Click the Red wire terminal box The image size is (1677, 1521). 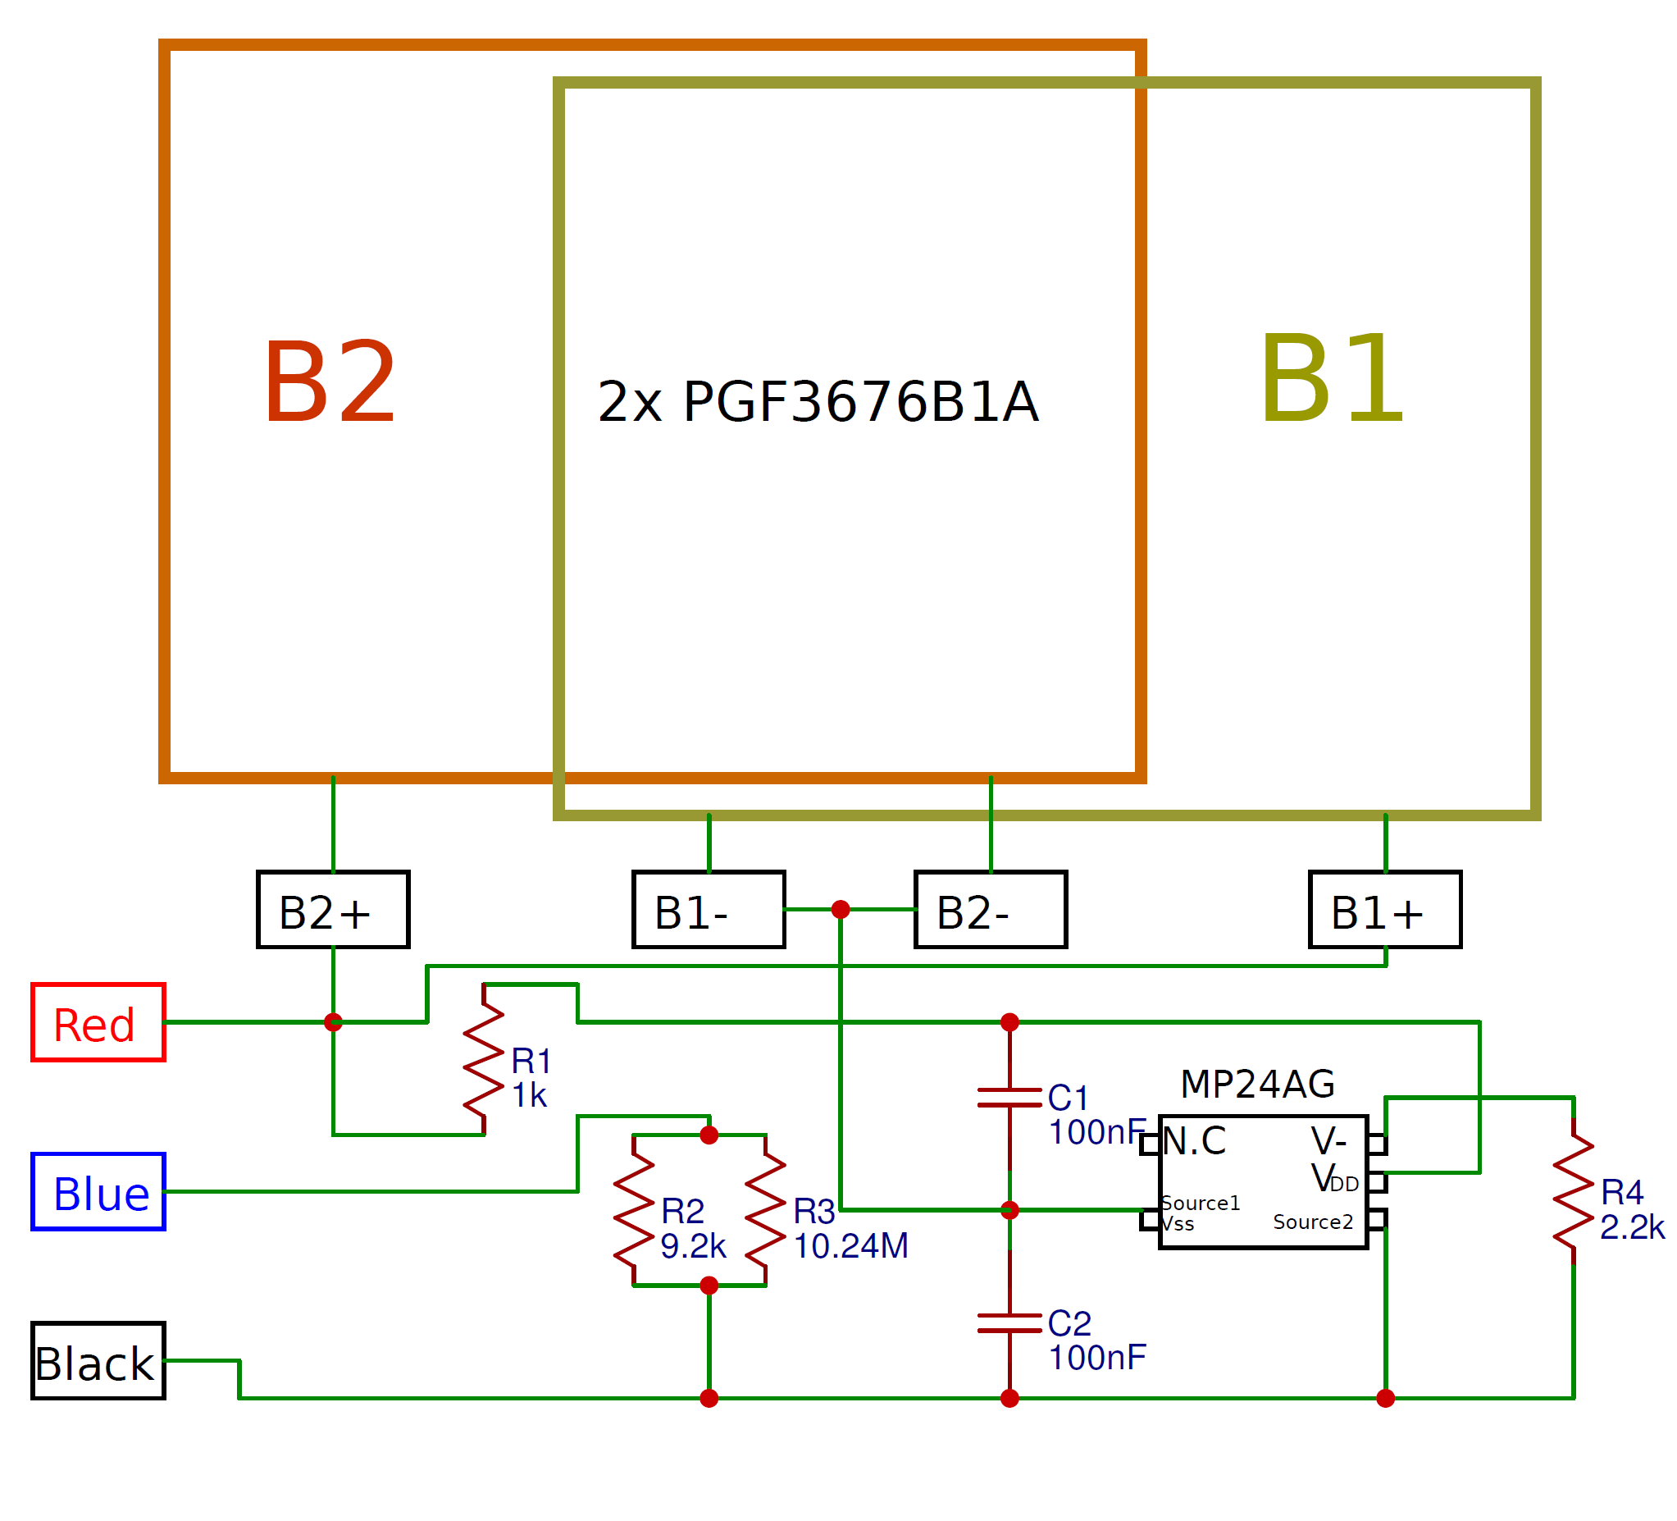[x=98, y=1022]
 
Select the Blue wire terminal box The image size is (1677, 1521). [x=98, y=1191]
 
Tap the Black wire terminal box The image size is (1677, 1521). [x=98, y=1360]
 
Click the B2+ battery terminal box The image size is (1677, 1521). [x=334, y=910]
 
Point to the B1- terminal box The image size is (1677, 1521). [x=709, y=910]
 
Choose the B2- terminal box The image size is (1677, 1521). [x=991, y=910]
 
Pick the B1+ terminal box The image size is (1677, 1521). [x=1386, y=910]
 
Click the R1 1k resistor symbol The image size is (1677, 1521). [x=484, y=1059]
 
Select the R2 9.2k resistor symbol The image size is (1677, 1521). [x=634, y=1210]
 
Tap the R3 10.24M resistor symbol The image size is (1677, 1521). [x=766, y=1210]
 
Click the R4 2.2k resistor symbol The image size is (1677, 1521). [x=1574, y=1191]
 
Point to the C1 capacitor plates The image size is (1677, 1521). [x=1009, y=1098]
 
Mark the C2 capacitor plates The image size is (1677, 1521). [x=1009, y=1323]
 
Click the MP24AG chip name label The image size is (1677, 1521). [x=1258, y=1085]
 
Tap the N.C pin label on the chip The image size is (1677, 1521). [x=1195, y=1140]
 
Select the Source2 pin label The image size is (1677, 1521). [x=1313, y=1222]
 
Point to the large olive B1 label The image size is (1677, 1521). [x=1332, y=378]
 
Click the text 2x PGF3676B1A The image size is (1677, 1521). [x=818, y=401]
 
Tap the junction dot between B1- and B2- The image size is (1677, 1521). [x=841, y=910]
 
